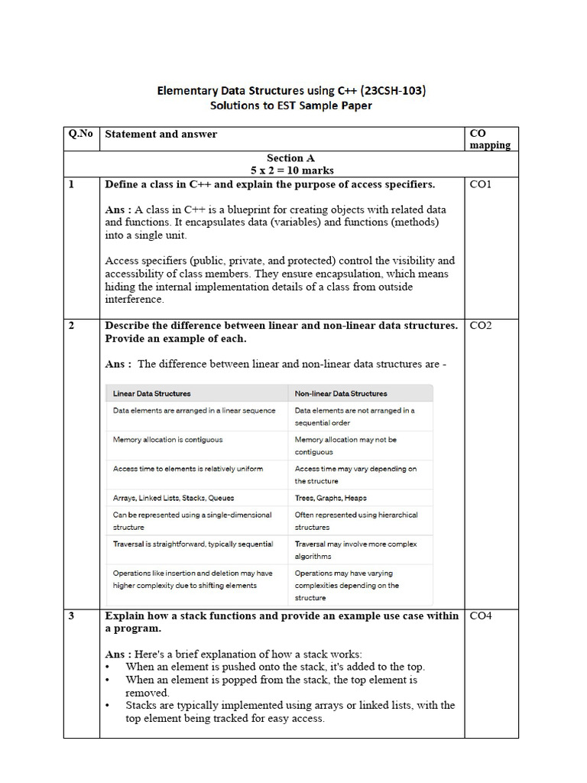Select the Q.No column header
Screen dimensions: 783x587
tap(80, 134)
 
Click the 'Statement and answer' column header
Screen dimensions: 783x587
tap(161, 134)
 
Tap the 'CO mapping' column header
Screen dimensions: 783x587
tap(489, 139)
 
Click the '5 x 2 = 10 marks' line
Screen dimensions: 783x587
tap(290, 170)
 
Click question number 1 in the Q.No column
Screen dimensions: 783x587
tap(71, 184)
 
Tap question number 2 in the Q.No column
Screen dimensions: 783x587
tap(71, 325)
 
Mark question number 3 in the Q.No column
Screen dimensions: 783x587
tap(71, 616)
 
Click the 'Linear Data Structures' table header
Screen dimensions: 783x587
tap(152, 394)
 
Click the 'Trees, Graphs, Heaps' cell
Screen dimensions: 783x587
tap(330, 498)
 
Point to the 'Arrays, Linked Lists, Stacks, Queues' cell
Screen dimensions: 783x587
tap(174, 498)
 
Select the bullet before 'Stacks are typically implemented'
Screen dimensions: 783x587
tap(108, 706)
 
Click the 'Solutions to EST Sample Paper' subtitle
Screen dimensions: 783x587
tap(290, 106)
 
